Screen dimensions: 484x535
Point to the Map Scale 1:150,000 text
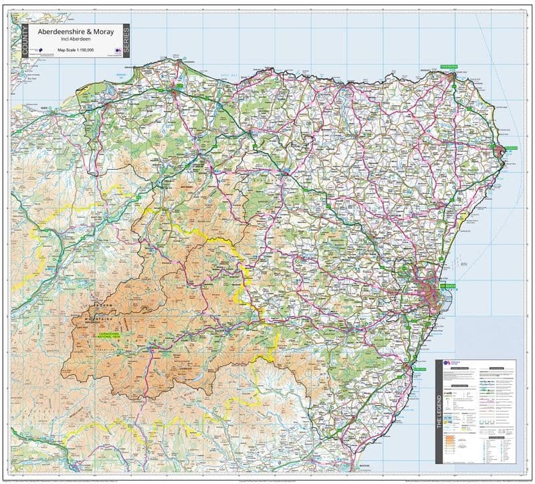point(75,49)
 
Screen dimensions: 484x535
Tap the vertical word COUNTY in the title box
point(25,41)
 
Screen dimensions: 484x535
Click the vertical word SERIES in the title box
point(126,40)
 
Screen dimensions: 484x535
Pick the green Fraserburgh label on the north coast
point(448,68)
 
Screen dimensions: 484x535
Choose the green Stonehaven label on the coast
point(419,368)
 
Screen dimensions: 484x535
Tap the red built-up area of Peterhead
point(501,155)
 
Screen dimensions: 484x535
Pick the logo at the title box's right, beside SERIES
point(118,50)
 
